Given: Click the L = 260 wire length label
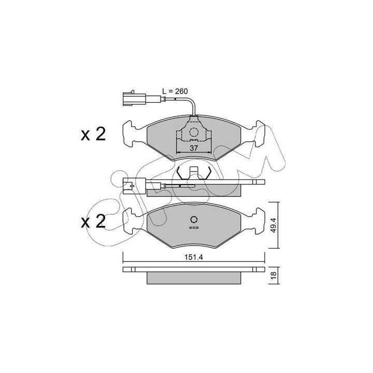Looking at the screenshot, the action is click(175, 91).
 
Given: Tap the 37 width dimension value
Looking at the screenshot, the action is click(194, 148).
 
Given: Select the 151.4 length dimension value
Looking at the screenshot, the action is click(194, 257).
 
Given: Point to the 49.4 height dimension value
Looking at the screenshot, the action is click(274, 225).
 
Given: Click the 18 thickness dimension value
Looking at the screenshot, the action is click(274, 275).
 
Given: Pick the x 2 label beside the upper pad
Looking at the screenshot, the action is click(93, 134).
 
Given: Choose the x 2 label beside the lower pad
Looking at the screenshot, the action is click(93, 222).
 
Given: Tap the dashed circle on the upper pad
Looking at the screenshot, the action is click(194, 132).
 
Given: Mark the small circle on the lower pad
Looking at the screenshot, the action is click(194, 219).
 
